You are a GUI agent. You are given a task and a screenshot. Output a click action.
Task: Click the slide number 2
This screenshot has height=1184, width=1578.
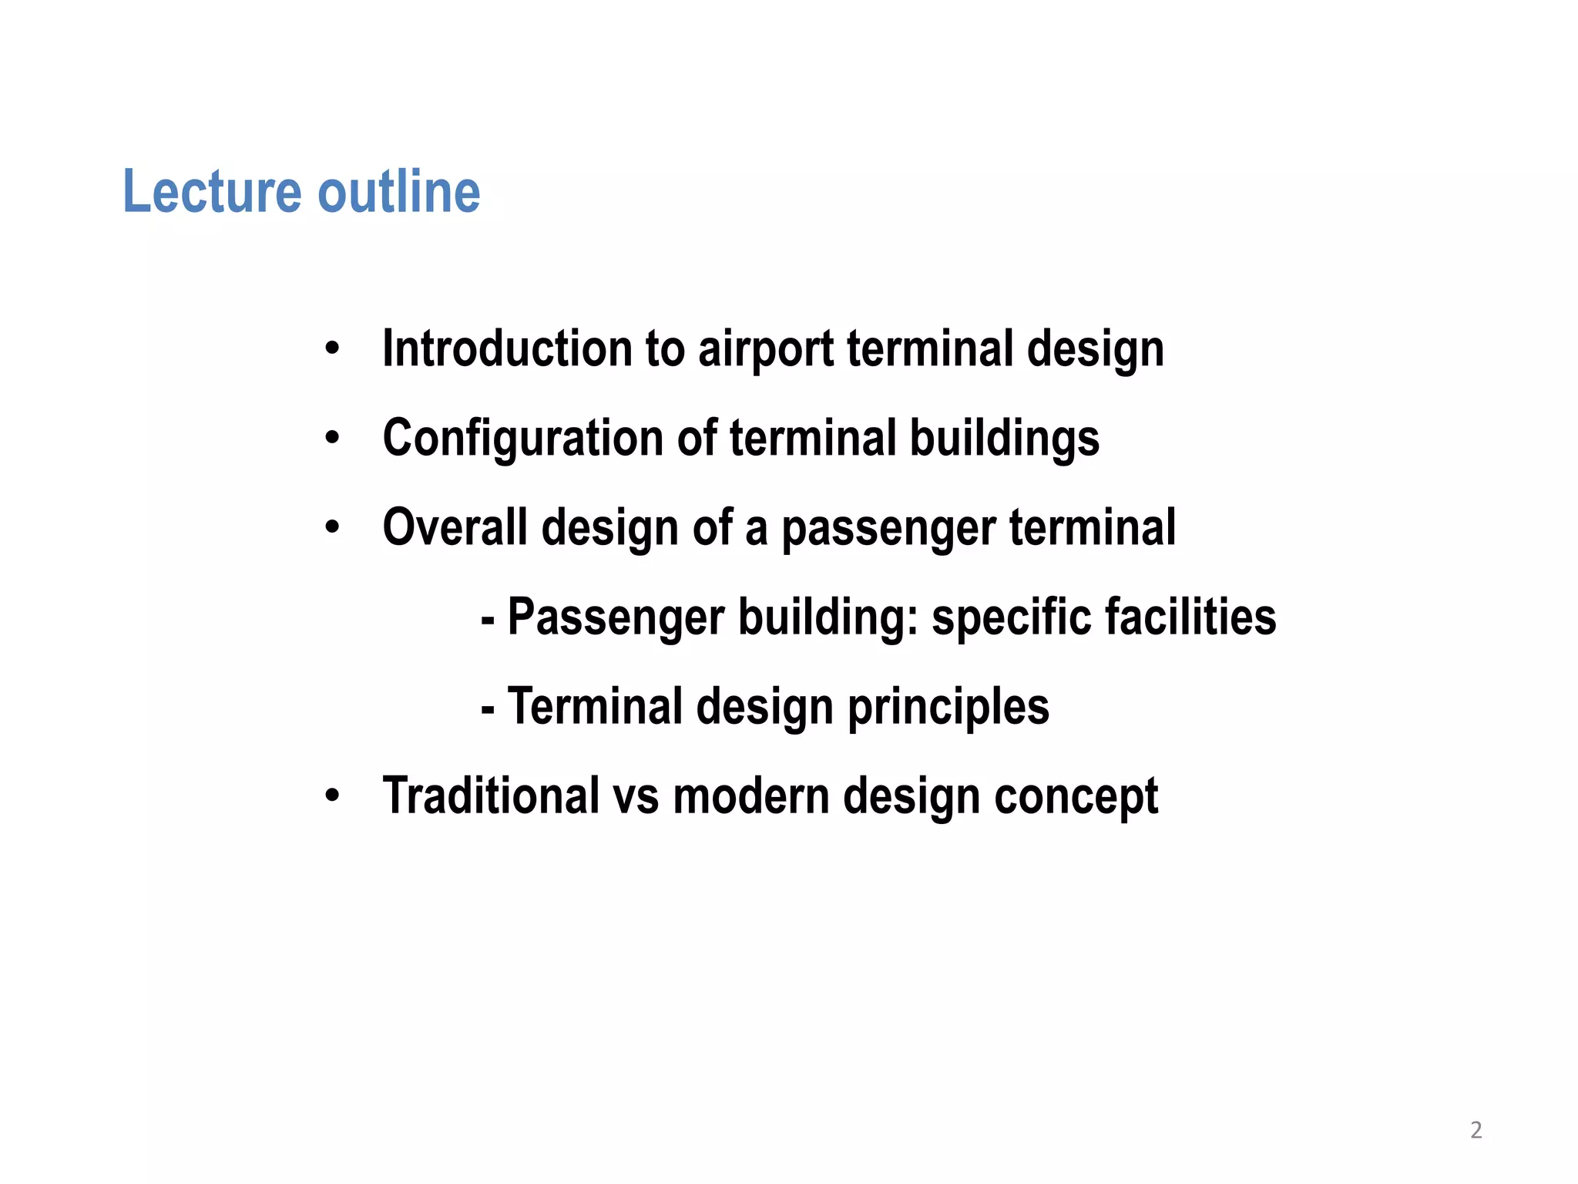click(x=1476, y=1130)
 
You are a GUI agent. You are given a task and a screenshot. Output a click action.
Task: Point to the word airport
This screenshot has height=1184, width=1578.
click(x=765, y=350)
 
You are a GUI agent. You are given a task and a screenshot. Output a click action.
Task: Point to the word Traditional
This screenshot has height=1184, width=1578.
click(x=491, y=795)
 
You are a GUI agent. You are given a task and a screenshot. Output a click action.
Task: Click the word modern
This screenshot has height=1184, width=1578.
click(x=751, y=795)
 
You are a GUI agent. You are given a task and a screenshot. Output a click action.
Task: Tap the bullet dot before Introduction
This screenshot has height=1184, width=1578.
click(x=332, y=348)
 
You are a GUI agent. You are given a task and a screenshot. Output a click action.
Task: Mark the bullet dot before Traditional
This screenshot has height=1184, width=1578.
click(x=332, y=795)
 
